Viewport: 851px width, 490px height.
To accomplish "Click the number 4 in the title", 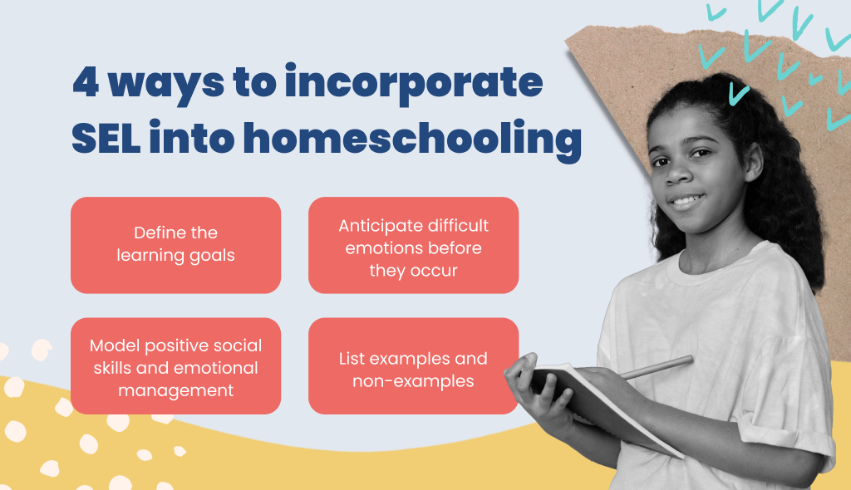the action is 86,82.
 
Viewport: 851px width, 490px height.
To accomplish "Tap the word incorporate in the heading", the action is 414,84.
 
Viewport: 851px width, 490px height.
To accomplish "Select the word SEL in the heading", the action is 106,138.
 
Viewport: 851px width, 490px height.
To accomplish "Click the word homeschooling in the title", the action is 412,140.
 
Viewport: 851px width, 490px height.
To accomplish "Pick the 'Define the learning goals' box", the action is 176,245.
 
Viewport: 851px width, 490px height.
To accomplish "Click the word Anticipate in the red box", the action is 375,226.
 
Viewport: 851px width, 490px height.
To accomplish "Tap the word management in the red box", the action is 176,391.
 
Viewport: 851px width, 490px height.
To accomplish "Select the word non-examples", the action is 413,381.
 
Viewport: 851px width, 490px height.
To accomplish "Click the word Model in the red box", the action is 115,345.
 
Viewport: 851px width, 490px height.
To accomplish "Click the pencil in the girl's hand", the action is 657,367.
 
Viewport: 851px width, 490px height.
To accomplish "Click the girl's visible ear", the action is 754,162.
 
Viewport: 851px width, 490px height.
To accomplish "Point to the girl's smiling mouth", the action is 686,201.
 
